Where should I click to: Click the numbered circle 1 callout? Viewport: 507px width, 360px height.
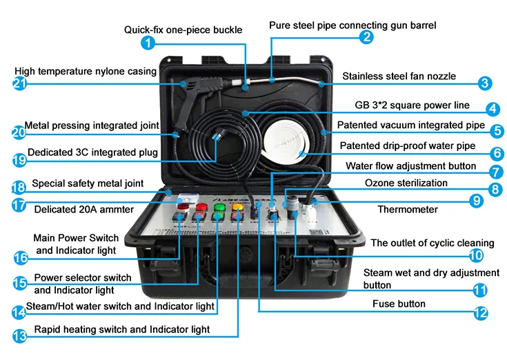148,43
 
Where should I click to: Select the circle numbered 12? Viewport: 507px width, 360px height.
480,312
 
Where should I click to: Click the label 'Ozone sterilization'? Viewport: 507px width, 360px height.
406,183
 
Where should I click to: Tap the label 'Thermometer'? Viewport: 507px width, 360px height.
407,209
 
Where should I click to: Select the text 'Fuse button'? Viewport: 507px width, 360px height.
399,303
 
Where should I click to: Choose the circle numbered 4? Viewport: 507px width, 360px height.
492,108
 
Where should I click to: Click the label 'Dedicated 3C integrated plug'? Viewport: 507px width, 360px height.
92,152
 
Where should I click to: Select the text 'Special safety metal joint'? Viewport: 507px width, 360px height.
88,183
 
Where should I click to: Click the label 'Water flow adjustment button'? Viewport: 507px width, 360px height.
410,166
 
